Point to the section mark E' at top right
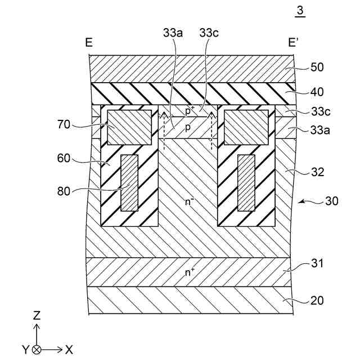294,42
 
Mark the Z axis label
37,315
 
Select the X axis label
69,349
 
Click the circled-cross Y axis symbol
37,349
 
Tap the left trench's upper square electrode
129,127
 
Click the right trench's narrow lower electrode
246,183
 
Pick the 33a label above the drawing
173,33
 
